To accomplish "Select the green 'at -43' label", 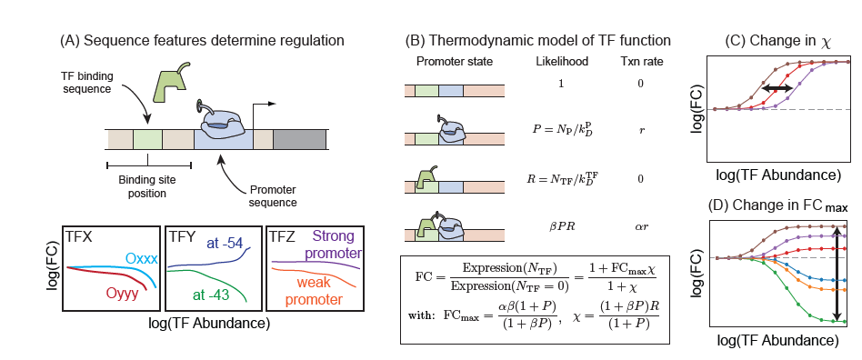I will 214,294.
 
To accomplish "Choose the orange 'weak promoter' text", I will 315,291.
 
